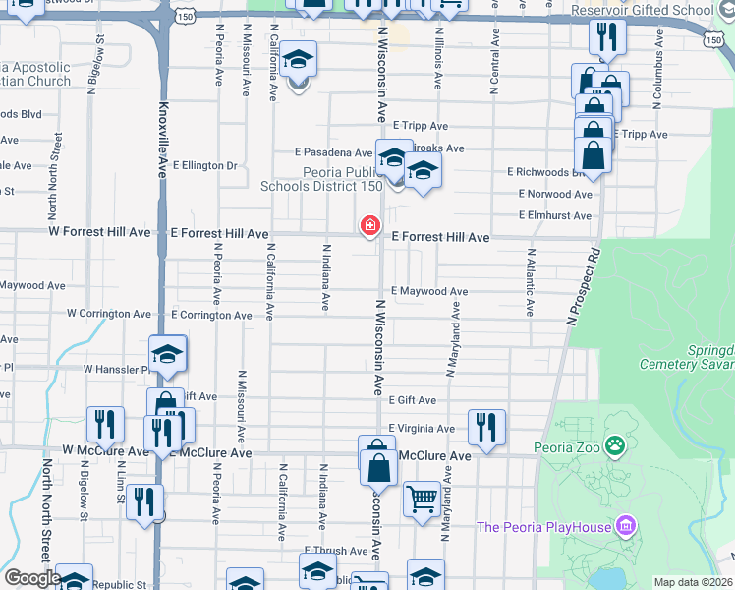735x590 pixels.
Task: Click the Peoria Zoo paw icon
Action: tap(615, 447)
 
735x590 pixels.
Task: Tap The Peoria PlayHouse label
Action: tap(544, 526)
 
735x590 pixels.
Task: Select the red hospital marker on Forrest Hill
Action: tap(370, 228)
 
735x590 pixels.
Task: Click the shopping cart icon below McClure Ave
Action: tap(422, 499)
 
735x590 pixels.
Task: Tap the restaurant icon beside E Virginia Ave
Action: tap(486, 427)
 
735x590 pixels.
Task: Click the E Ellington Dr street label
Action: tap(204, 165)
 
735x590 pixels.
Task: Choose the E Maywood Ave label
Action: tap(429, 292)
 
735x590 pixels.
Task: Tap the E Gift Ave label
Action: tap(412, 401)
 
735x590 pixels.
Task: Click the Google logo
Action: tap(31, 578)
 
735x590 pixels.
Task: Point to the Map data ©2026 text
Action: tap(692, 582)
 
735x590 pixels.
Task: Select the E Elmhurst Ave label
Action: tap(556, 215)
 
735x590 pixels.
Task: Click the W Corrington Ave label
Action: tap(109, 314)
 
